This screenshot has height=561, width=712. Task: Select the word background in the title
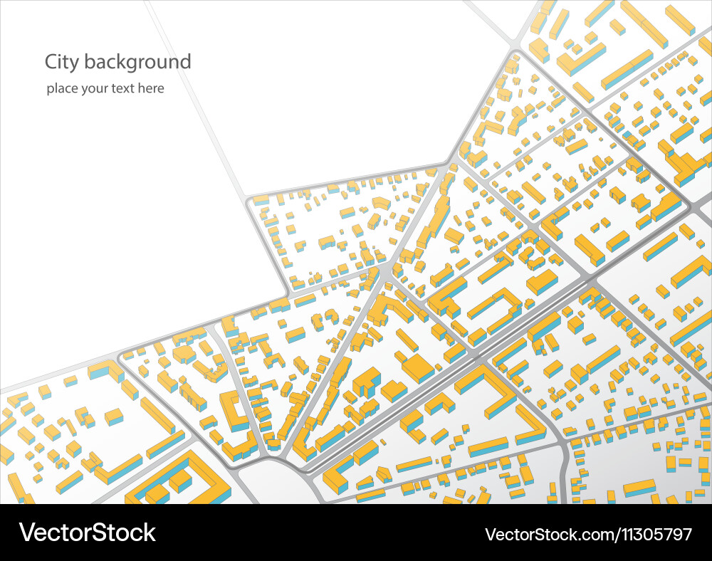(137, 62)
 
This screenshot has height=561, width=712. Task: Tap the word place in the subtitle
(62, 89)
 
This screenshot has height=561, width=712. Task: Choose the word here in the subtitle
(152, 89)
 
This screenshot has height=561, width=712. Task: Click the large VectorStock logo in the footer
(88, 533)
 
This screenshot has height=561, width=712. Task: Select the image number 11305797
(652, 534)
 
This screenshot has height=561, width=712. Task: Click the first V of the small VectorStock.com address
(491, 534)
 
